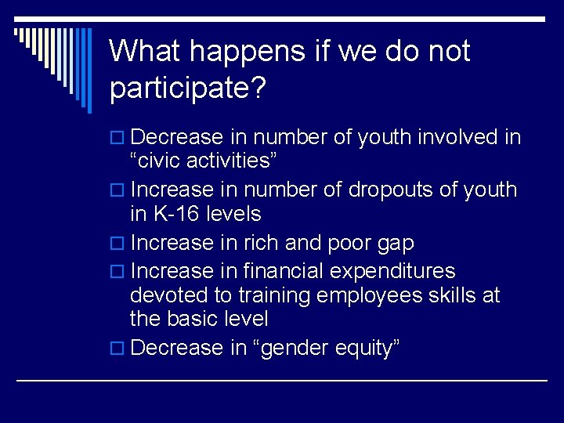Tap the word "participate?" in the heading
(x=189, y=88)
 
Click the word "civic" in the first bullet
(x=162, y=161)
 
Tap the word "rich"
(x=259, y=244)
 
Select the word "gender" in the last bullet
(x=293, y=349)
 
